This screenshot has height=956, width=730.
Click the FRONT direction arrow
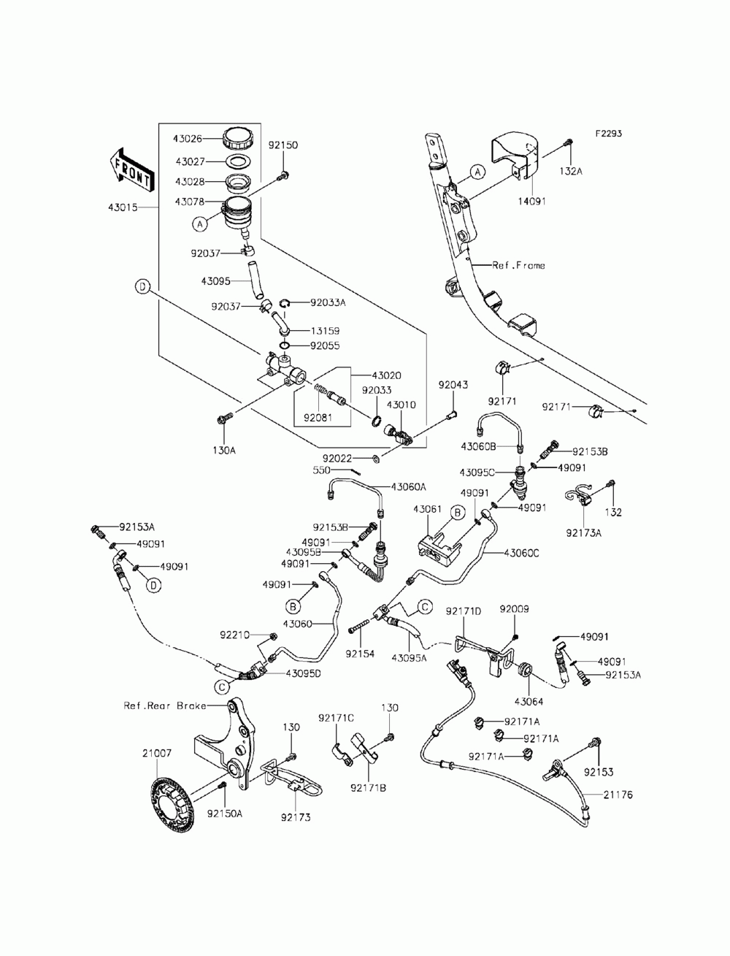click(131, 170)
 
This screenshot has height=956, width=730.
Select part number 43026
click(188, 139)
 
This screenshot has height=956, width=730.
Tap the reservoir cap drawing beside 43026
click(238, 139)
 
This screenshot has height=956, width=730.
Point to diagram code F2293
click(608, 133)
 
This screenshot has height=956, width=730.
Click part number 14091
click(531, 202)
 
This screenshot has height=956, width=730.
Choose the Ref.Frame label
click(518, 265)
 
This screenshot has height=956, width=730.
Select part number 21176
click(618, 795)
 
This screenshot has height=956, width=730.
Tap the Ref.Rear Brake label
click(164, 705)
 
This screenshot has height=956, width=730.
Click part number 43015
click(123, 207)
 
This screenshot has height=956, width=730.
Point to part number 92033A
click(328, 302)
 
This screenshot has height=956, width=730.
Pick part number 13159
click(325, 331)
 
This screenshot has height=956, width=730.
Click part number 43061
click(427, 509)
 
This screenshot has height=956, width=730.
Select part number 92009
click(514, 608)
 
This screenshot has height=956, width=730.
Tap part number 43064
click(529, 702)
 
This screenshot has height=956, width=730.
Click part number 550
click(322, 470)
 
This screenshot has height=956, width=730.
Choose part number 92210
click(235, 635)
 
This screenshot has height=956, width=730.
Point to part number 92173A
click(583, 532)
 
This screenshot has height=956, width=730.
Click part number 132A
click(570, 171)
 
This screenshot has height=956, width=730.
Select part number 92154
click(360, 654)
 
